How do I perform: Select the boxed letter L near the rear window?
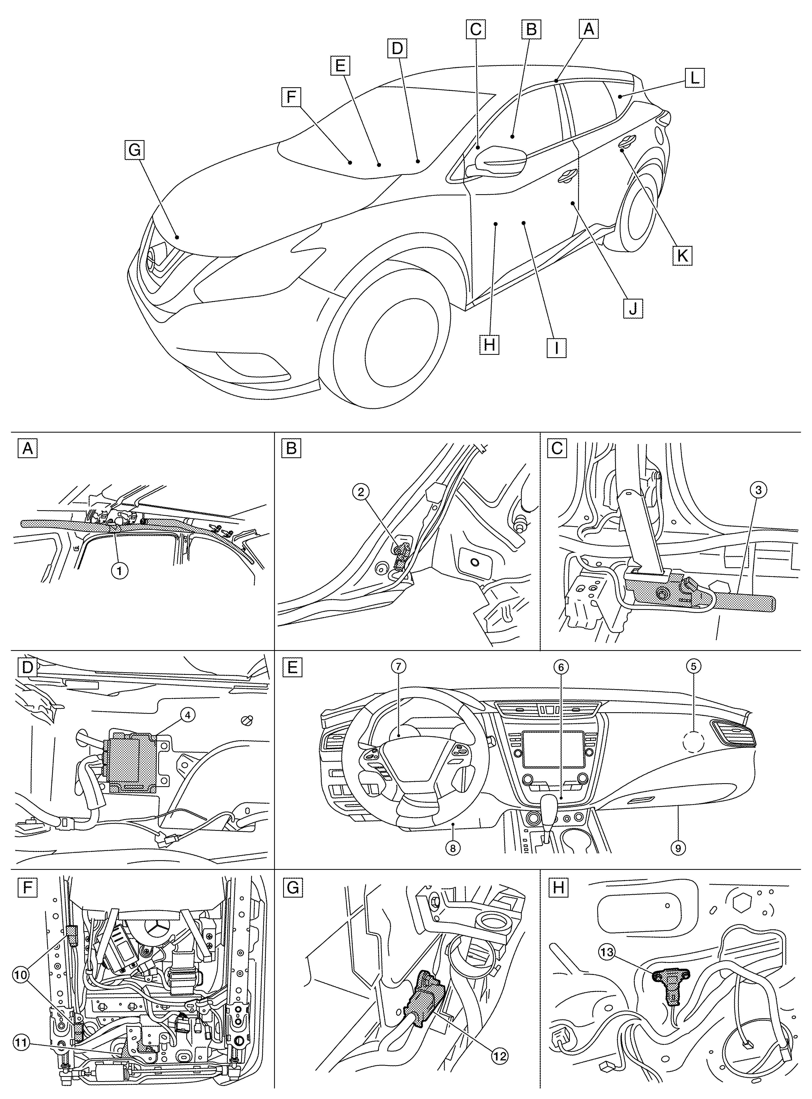point(694,78)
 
